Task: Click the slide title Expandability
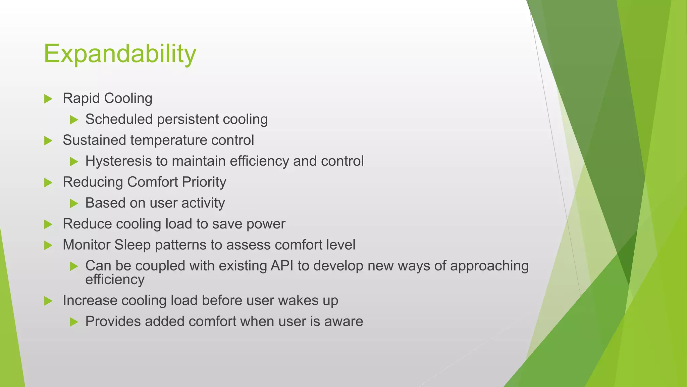120,54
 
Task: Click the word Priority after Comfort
204,182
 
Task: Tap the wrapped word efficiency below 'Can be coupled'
115,280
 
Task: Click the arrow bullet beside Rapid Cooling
48,99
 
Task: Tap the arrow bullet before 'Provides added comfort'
74,322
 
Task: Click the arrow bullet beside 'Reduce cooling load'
48,224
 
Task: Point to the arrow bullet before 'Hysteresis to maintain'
74,162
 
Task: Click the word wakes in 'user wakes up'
298,300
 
